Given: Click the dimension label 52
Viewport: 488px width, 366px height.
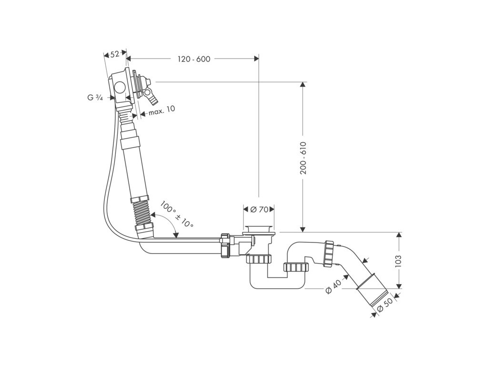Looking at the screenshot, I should pos(115,54).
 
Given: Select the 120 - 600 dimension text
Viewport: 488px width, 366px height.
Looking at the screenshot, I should pos(193,59).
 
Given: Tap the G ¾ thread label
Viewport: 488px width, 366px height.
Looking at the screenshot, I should pos(95,98).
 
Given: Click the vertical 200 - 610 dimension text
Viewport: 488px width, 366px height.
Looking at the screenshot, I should pos(303,158).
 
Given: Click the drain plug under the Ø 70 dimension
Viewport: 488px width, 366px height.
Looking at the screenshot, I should pos(258,228).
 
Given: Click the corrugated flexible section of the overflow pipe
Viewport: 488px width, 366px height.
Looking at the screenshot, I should pos(142,213).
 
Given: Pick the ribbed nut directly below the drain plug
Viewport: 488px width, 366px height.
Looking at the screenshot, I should pos(259,259).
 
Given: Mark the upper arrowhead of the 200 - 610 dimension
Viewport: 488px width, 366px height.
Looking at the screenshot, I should pos(302,85).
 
